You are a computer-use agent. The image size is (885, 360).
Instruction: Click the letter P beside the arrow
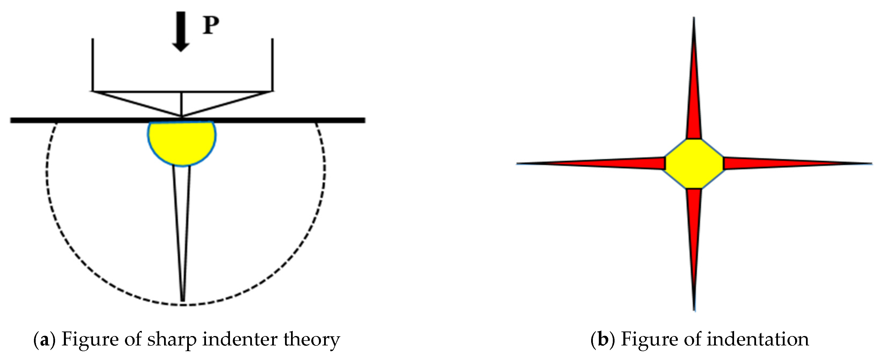211,25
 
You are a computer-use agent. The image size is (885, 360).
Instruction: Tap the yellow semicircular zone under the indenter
182,142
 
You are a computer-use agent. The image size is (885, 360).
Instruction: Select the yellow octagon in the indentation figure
694,163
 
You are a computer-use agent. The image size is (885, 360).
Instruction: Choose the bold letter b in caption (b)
603,339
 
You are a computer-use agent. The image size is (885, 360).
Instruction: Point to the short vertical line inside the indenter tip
181,104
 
